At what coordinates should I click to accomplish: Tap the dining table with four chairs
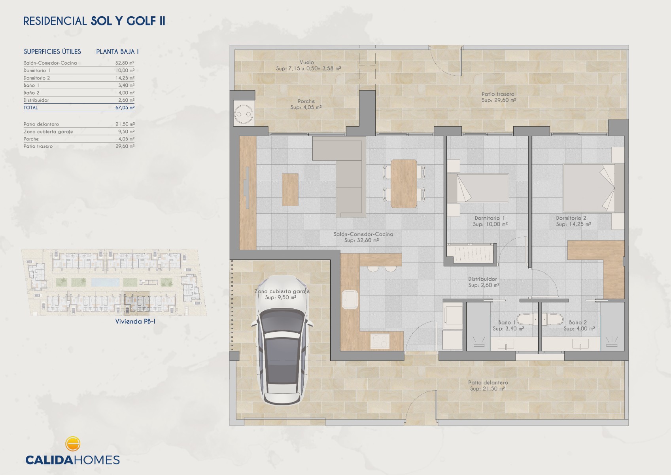click(x=403, y=184)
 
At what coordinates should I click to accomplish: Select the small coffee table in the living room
click(x=290, y=190)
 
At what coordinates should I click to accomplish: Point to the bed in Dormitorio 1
click(x=478, y=188)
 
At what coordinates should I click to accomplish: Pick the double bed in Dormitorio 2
click(x=593, y=188)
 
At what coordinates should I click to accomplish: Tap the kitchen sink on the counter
click(x=350, y=299)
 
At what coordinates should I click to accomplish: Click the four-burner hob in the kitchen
click(x=380, y=341)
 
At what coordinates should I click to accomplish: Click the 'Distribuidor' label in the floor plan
click(x=482, y=279)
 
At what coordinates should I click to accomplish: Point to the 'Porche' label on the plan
click(x=306, y=101)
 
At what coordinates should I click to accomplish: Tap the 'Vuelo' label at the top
click(x=307, y=63)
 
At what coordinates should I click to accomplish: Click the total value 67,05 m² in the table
click(x=125, y=108)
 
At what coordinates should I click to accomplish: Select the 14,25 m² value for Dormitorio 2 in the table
click(x=125, y=78)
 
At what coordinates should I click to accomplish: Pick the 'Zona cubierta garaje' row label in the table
click(x=48, y=132)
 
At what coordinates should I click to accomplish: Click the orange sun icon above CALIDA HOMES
click(x=72, y=444)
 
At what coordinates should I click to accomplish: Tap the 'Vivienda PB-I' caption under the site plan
click(x=135, y=321)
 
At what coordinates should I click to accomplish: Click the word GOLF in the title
click(x=142, y=21)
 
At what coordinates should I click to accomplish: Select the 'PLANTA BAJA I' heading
click(x=117, y=51)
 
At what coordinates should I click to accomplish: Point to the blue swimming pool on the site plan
click(x=105, y=282)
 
